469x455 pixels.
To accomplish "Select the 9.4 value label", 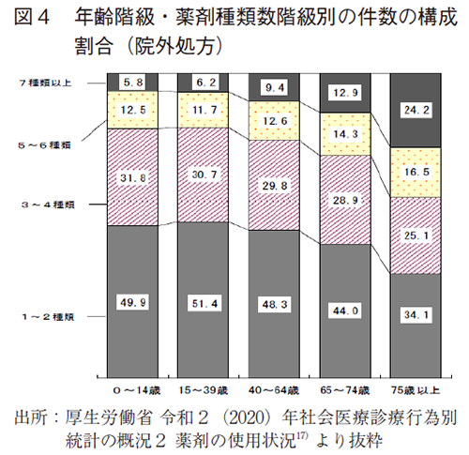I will [275, 87].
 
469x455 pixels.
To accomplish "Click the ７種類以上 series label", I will [45, 83].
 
